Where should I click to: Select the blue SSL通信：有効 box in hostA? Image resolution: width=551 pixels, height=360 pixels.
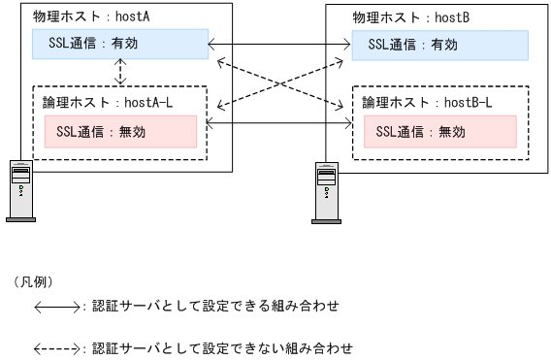[x=121, y=44]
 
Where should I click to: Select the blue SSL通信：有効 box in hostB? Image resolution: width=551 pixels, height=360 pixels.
[x=439, y=44]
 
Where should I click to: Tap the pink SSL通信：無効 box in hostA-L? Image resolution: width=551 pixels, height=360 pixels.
[x=120, y=131]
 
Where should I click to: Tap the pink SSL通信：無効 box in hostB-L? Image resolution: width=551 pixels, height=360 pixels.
[x=438, y=131]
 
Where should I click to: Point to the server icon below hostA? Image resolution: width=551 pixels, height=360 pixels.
[x=20, y=190]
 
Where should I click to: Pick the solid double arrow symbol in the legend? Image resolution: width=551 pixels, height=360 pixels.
[x=59, y=308]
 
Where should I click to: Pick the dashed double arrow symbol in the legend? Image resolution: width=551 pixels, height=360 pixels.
[x=59, y=347]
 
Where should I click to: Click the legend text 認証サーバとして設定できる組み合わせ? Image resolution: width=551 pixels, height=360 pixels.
[x=215, y=307]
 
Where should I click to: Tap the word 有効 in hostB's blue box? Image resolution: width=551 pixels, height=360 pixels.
[x=470, y=44]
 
